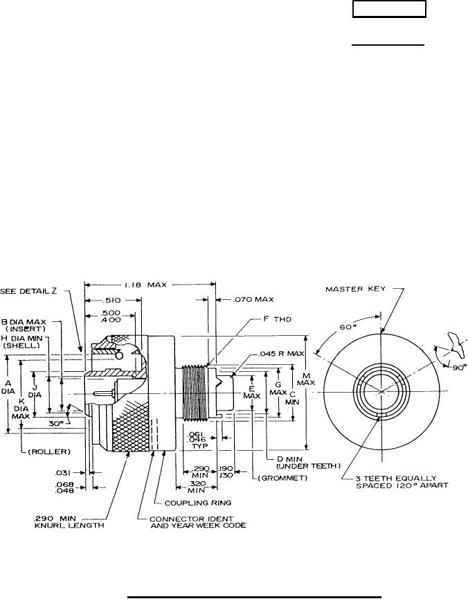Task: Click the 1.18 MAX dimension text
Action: (x=147, y=284)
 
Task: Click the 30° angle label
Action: (x=53, y=420)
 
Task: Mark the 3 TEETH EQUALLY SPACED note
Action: (x=402, y=481)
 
